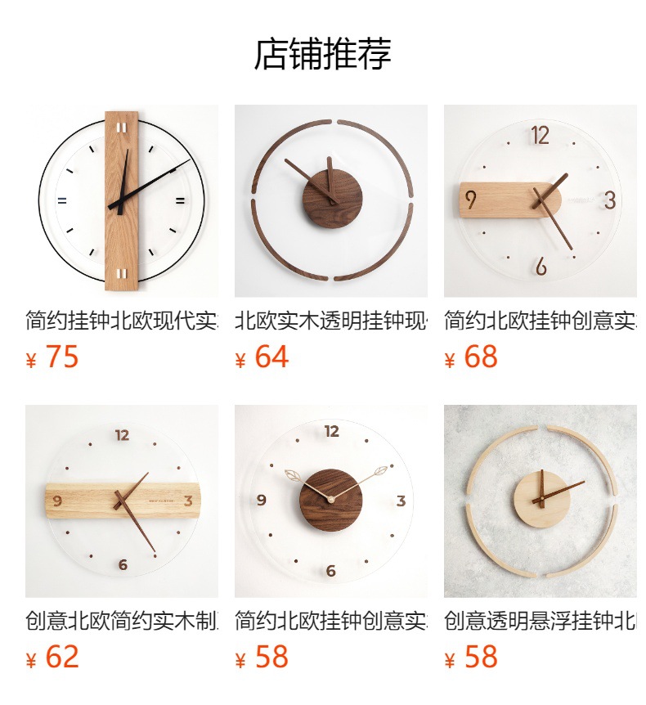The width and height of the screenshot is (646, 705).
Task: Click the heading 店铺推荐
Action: tap(323, 54)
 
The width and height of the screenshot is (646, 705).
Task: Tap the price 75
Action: tap(62, 357)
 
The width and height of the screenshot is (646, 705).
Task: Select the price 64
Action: tap(271, 357)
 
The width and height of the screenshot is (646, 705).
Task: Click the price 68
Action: tap(481, 357)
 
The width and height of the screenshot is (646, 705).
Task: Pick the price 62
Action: tap(62, 657)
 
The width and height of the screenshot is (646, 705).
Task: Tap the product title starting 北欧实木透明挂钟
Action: tap(330, 320)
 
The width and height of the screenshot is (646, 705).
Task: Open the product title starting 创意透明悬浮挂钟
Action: tap(540, 620)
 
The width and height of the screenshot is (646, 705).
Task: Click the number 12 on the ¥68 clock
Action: tap(540, 136)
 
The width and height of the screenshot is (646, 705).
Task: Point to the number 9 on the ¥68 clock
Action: tap(471, 200)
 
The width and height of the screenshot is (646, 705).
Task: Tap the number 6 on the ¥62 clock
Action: tap(123, 564)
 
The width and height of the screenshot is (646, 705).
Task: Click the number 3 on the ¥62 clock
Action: tap(188, 501)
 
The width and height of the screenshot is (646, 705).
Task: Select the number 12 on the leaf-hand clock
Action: tap(332, 432)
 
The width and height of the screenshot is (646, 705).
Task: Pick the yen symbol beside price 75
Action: tap(32, 361)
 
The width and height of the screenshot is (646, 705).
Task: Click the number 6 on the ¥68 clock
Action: tap(541, 267)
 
